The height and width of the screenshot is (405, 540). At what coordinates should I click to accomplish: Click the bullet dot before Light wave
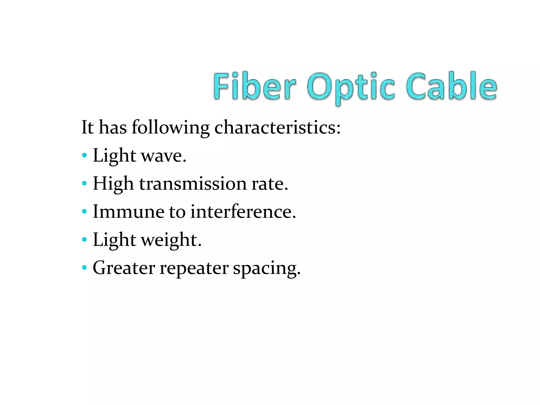click(84, 155)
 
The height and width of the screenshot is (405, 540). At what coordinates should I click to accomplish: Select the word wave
click(163, 156)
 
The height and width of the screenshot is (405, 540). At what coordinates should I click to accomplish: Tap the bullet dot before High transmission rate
click(84, 183)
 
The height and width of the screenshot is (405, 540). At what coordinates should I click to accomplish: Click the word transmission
click(193, 184)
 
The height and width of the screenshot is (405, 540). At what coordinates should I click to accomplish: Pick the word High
click(113, 184)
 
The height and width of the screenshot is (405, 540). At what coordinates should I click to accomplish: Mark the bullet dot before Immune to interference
click(84, 211)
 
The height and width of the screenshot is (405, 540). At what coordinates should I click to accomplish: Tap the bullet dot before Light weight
click(84, 239)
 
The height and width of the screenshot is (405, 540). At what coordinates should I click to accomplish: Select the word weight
click(171, 240)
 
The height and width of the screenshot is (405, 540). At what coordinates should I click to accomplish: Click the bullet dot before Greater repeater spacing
click(84, 268)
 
